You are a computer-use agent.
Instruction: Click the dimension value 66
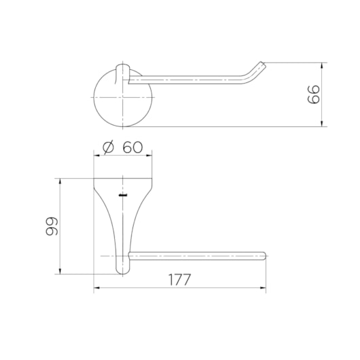coord(313,94)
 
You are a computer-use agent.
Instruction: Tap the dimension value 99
coord(52,226)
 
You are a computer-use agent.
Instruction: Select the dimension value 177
coord(179,279)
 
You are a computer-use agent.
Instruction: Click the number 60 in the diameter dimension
coord(132,147)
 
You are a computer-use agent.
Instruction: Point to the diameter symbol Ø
coord(109,147)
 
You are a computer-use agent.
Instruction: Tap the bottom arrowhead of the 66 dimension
coord(322,124)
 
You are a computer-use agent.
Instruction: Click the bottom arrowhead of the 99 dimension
coord(60,271)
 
